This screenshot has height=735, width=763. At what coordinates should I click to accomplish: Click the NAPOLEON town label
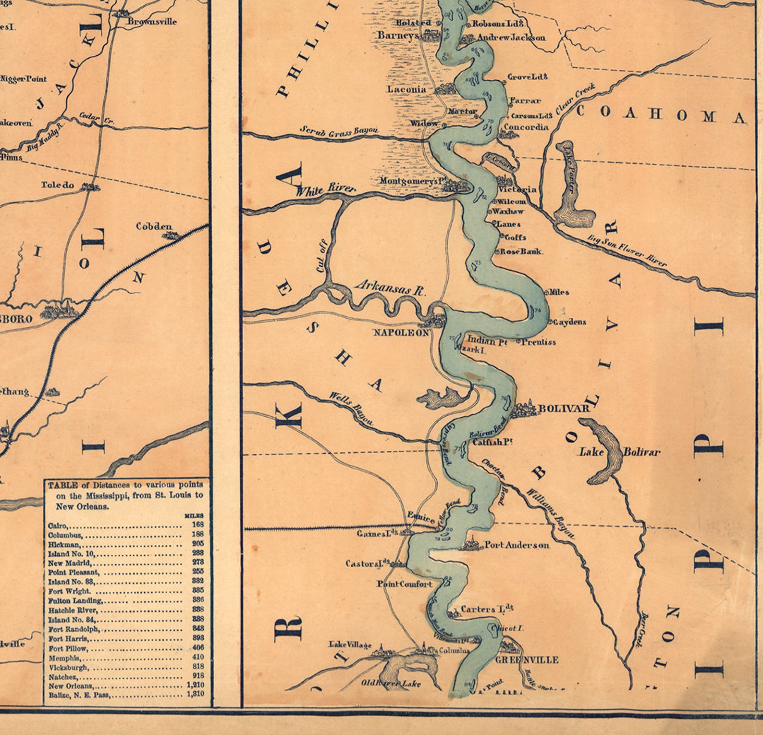401,332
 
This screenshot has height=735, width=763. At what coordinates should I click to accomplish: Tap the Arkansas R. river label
390,287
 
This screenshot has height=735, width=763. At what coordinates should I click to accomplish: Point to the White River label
325,189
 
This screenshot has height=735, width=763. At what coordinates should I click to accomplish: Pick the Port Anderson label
517,545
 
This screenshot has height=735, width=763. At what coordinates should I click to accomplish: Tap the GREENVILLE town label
527,660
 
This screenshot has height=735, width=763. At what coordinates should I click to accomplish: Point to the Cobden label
154,226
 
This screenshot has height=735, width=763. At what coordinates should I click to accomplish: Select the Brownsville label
152,22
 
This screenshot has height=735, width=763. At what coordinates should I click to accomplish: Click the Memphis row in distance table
65,658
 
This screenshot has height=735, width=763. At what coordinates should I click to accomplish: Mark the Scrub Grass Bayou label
339,131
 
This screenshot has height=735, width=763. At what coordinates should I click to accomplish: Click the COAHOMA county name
661,114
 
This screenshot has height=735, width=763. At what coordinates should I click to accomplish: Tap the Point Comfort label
404,584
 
